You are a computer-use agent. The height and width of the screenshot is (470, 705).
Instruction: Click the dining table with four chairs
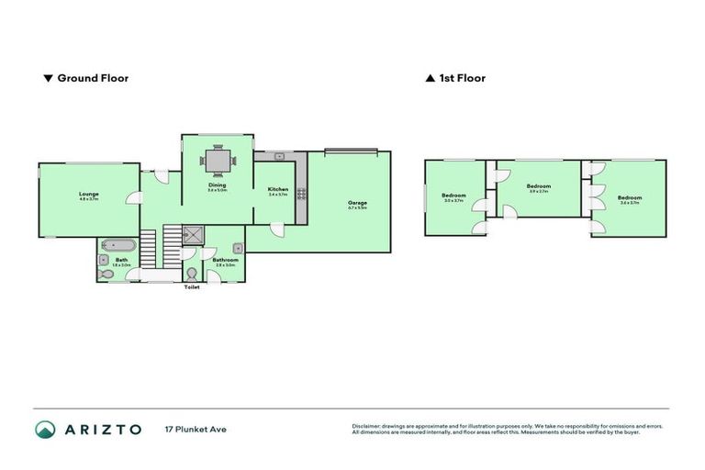218,162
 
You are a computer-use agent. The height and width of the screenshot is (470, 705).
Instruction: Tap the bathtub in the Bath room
118,245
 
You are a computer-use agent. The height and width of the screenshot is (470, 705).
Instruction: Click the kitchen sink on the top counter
279,157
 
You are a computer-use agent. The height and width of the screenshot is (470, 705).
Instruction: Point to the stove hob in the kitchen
298,193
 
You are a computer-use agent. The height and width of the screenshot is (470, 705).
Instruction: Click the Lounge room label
89,194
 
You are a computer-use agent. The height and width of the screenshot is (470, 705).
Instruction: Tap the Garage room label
357,203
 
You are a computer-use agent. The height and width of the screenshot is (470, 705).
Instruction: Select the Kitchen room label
277,190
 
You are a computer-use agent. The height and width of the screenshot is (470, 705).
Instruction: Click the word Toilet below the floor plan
191,287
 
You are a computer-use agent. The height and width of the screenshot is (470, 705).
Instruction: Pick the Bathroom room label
225,260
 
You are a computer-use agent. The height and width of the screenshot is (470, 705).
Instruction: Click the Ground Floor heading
93,78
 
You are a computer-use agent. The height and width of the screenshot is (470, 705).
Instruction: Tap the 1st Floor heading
462,78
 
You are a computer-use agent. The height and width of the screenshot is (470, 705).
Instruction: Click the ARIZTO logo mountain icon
45,429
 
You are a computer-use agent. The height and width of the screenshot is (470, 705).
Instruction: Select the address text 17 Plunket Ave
195,429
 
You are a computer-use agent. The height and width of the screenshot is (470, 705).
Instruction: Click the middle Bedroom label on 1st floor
538,186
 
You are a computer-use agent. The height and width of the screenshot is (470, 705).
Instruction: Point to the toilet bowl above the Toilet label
191,274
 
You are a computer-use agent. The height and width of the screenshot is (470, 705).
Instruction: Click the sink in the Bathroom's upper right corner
238,247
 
